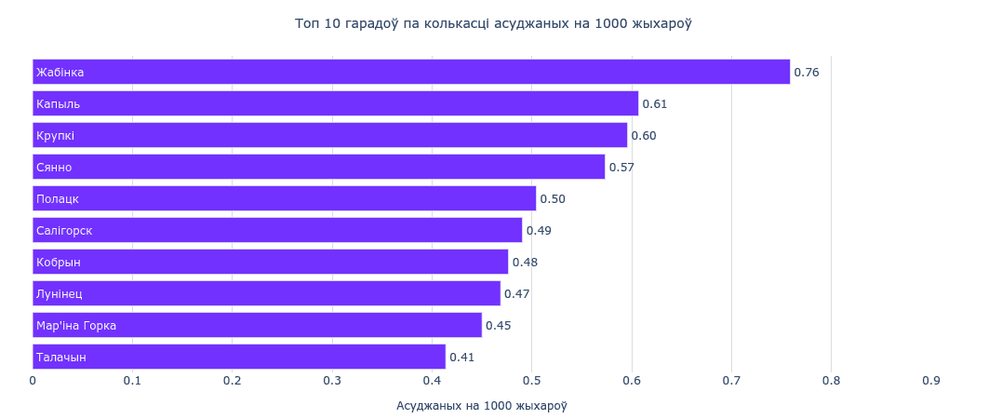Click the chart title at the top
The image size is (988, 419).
(493, 23)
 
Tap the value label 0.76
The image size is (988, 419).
(806, 73)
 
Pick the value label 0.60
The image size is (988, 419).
(644, 136)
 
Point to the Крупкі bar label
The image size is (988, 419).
(55, 136)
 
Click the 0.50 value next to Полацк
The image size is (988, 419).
(553, 199)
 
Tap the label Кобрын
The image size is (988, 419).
(59, 263)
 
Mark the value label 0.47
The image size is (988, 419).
(516, 294)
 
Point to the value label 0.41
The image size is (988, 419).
(462, 358)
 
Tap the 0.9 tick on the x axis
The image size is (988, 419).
(930, 380)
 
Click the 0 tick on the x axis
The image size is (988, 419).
(33, 380)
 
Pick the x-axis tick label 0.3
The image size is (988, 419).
(332, 380)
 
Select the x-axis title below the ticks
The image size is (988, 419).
(481, 406)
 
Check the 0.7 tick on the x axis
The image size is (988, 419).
(731, 380)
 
